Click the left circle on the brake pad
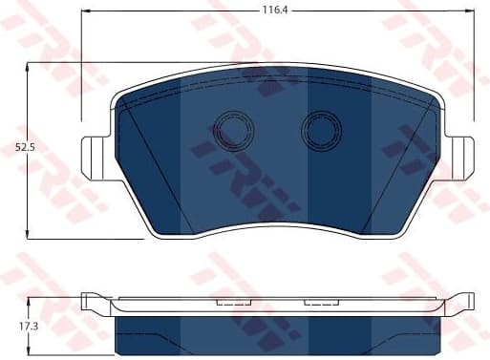230,131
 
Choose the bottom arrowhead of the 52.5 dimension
32,235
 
